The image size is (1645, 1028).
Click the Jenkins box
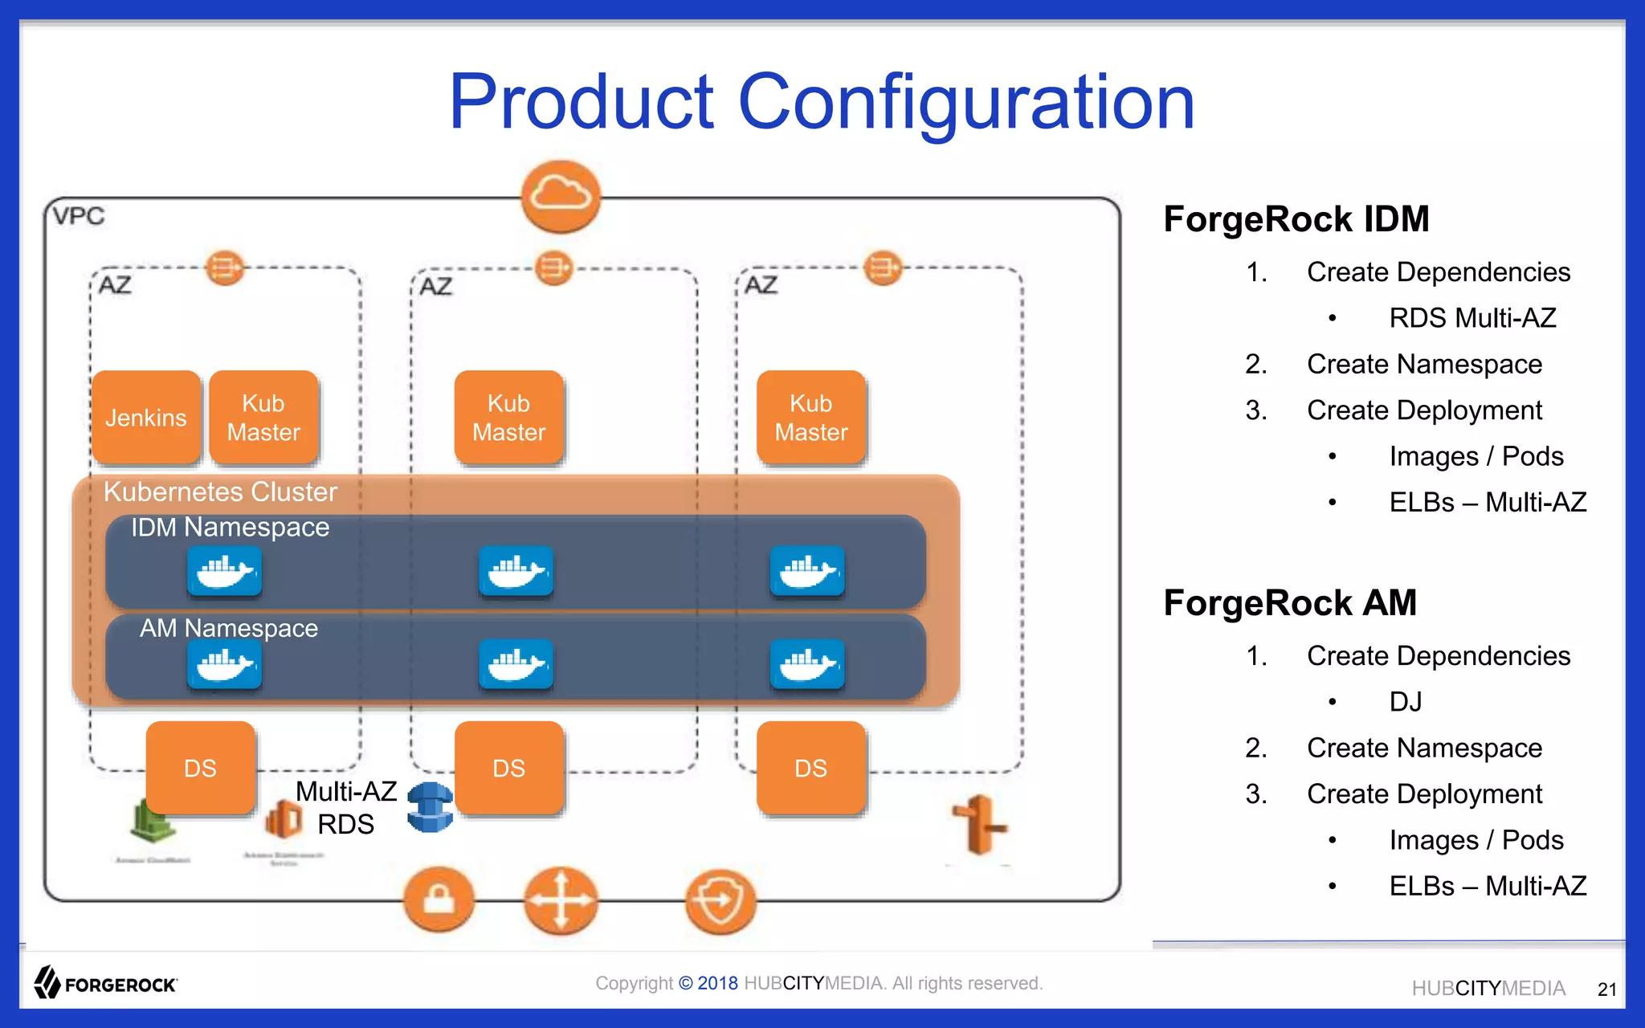(x=145, y=418)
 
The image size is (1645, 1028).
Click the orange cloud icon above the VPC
(x=561, y=196)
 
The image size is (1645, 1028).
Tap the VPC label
(x=79, y=216)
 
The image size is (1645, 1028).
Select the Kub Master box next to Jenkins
(x=263, y=418)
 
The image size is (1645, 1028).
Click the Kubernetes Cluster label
(x=220, y=492)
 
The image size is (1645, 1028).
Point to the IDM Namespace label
(x=230, y=528)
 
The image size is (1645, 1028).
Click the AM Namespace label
(x=229, y=628)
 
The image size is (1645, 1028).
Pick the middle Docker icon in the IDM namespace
(x=516, y=571)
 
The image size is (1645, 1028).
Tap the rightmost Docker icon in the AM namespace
(x=806, y=664)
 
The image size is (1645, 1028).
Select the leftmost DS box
(x=200, y=768)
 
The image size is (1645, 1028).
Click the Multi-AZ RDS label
(x=345, y=808)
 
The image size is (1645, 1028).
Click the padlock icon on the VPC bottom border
(x=439, y=899)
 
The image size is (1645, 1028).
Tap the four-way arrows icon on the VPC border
(x=561, y=900)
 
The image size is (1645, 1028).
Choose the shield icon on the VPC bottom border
(x=720, y=901)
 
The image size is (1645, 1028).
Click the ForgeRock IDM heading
(x=1296, y=219)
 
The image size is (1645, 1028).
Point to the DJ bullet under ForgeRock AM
(x=1406, y=702)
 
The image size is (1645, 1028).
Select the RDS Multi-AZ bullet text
(x=1472, y=318)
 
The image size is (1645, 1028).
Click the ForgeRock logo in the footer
(x=105, y=983)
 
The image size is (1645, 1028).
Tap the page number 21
(x=1606, y=989)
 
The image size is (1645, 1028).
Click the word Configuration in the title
(x=966, y=102)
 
